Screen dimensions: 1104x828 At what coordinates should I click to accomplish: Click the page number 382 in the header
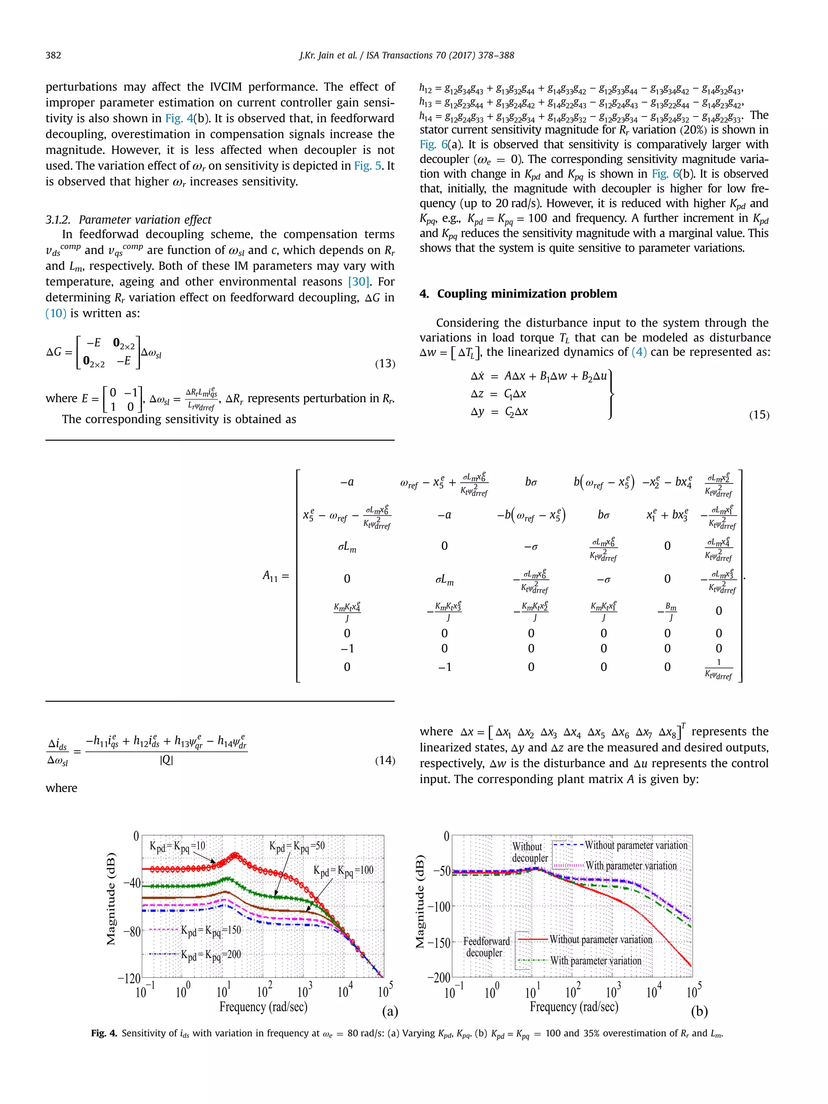53,55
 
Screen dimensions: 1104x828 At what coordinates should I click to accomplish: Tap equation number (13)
385,363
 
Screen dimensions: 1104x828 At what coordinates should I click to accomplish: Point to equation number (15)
758,415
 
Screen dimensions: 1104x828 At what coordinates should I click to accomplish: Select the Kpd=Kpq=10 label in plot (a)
177,846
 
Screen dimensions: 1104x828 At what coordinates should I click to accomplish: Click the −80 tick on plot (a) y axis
132,931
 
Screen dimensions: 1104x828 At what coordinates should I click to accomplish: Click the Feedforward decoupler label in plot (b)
486,947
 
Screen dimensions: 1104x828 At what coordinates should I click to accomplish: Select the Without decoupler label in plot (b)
529,853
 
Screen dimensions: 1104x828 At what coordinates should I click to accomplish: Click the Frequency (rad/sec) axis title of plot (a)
263,1007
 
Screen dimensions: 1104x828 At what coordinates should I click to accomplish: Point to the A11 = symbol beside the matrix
275,576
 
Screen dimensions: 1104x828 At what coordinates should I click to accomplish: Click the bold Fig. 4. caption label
104,1033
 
